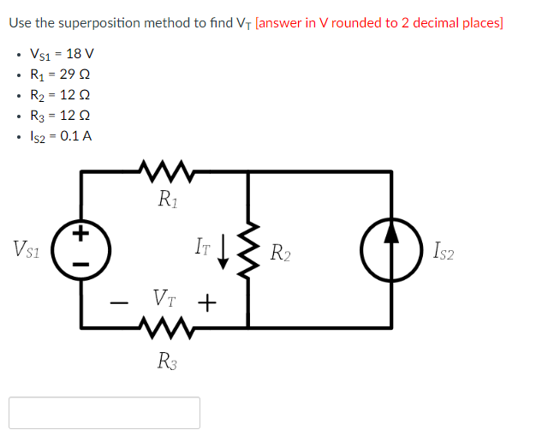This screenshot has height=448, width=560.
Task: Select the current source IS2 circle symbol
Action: click(x=391, y=249)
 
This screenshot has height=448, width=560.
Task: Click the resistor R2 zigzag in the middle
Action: click(x=248, y=250)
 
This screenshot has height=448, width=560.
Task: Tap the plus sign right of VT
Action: click(x=206, y=302)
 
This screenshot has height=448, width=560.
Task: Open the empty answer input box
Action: click(x=104, y=412)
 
